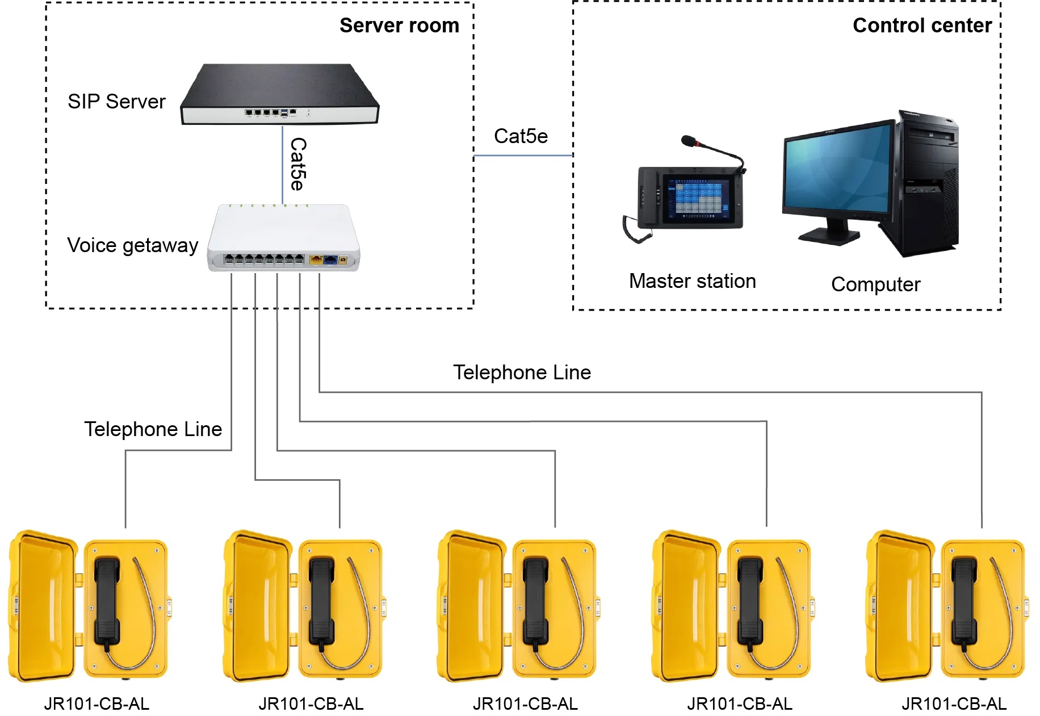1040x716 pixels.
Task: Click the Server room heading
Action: click(x=399, y=26)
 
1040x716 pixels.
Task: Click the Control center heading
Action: click(x=922, y=26)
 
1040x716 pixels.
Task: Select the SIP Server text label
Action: click(x=116, y=102)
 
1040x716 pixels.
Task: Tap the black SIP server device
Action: click(x=279, y=94)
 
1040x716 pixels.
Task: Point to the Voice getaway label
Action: click(x=132, y=245)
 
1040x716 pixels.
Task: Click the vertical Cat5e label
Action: click(x=298, y=164)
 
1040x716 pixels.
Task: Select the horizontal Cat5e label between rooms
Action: click(x=521, y=136)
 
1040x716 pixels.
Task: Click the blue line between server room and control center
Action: click(x=523, y=155)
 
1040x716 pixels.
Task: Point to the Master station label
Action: click(x=692, y=281)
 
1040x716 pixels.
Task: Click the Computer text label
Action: click(x=875, y=284)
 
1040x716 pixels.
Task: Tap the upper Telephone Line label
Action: click(x=522, y=372)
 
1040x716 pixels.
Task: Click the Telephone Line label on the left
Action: click(x=153, y=429)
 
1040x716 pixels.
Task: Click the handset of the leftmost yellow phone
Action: click(x=107, y=602)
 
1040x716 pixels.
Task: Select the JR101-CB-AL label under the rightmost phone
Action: click(x=954, y=704)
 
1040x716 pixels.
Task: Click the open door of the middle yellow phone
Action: click(x=471, y=605)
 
